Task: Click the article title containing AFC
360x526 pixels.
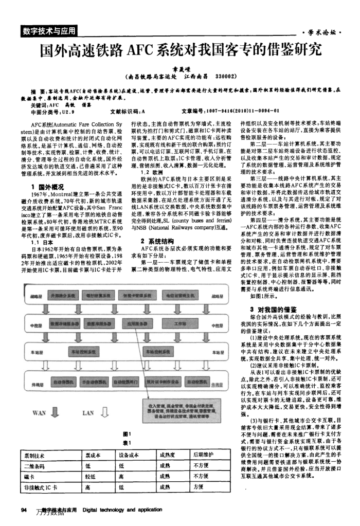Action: (x=180, y=50)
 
